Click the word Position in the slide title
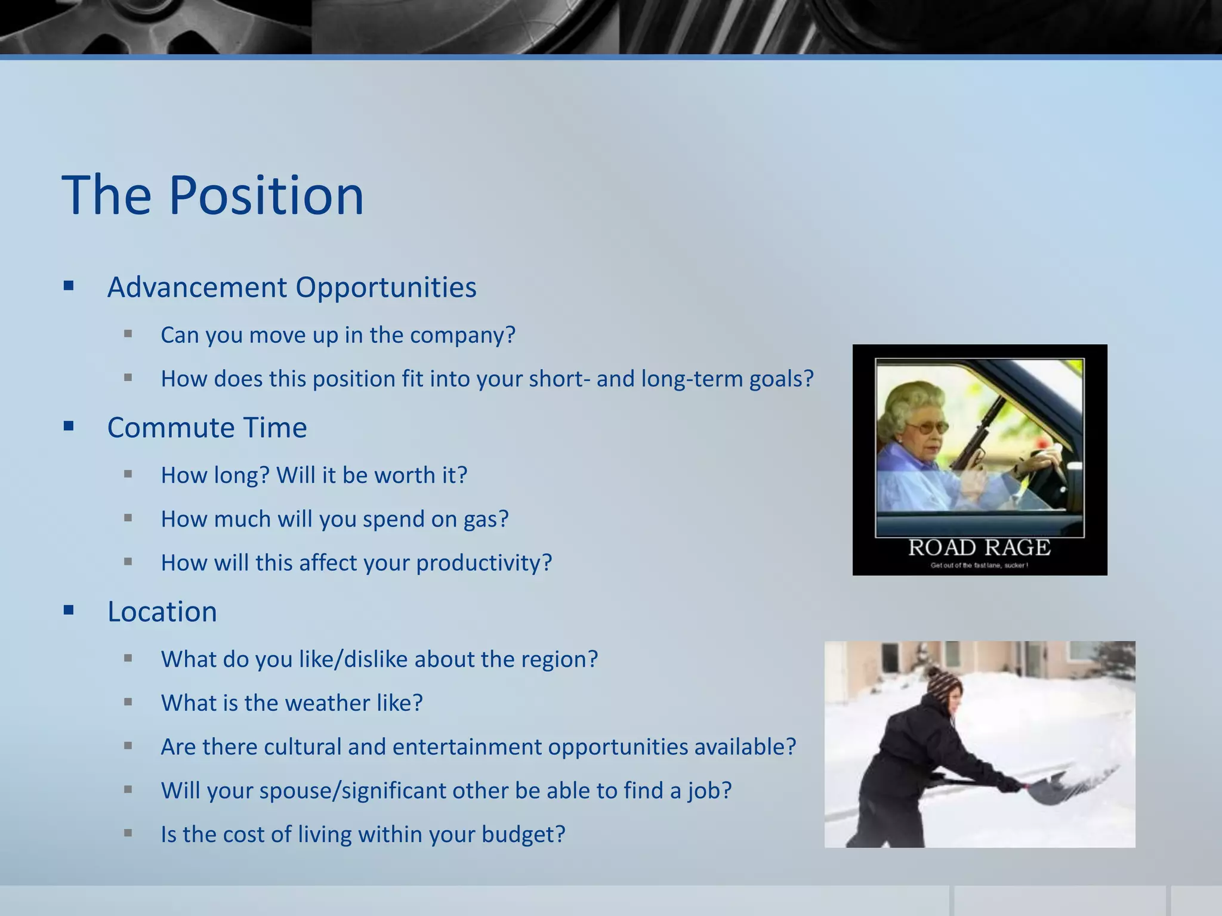[x=266, y=196]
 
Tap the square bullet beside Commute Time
[x=69, y=426]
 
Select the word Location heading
[x=162, y=611]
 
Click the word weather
[x=330, y=703]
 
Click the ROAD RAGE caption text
[x=979, y=547]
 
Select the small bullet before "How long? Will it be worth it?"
[x=128, y=475]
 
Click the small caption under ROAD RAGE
[x=979, y=565]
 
